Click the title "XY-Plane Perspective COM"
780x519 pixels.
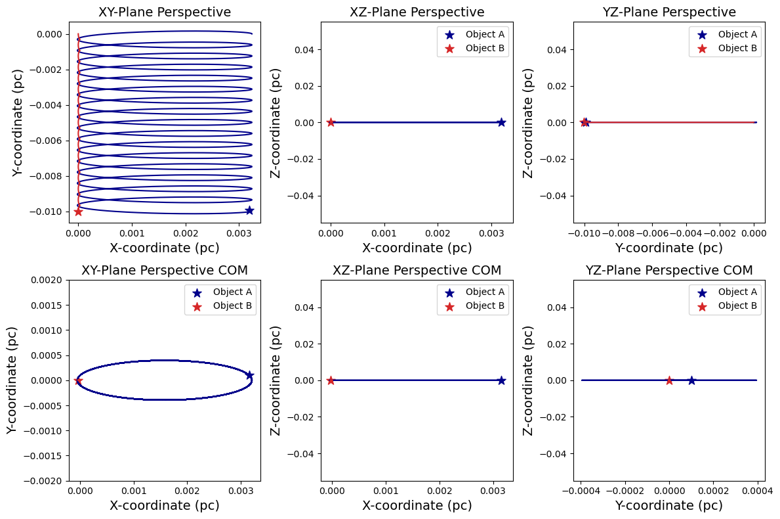point(165,270)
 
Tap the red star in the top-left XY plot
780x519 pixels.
point(78,212)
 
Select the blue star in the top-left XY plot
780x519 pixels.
point(249,210)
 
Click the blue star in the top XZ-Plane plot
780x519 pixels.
point(501,122)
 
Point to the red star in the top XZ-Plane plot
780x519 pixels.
point(331,122)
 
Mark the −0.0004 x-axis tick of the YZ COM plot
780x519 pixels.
point(580,489)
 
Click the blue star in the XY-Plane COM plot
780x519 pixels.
point(249,375)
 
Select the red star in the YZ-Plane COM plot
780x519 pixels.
point(669,380)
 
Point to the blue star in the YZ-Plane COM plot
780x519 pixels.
point(691,380)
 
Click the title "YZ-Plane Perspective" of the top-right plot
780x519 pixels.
point(669,12)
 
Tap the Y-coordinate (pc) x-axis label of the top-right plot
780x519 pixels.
point(669,248)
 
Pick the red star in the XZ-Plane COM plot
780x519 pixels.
point(331,380)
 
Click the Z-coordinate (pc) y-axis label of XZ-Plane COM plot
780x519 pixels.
point(276,380)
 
